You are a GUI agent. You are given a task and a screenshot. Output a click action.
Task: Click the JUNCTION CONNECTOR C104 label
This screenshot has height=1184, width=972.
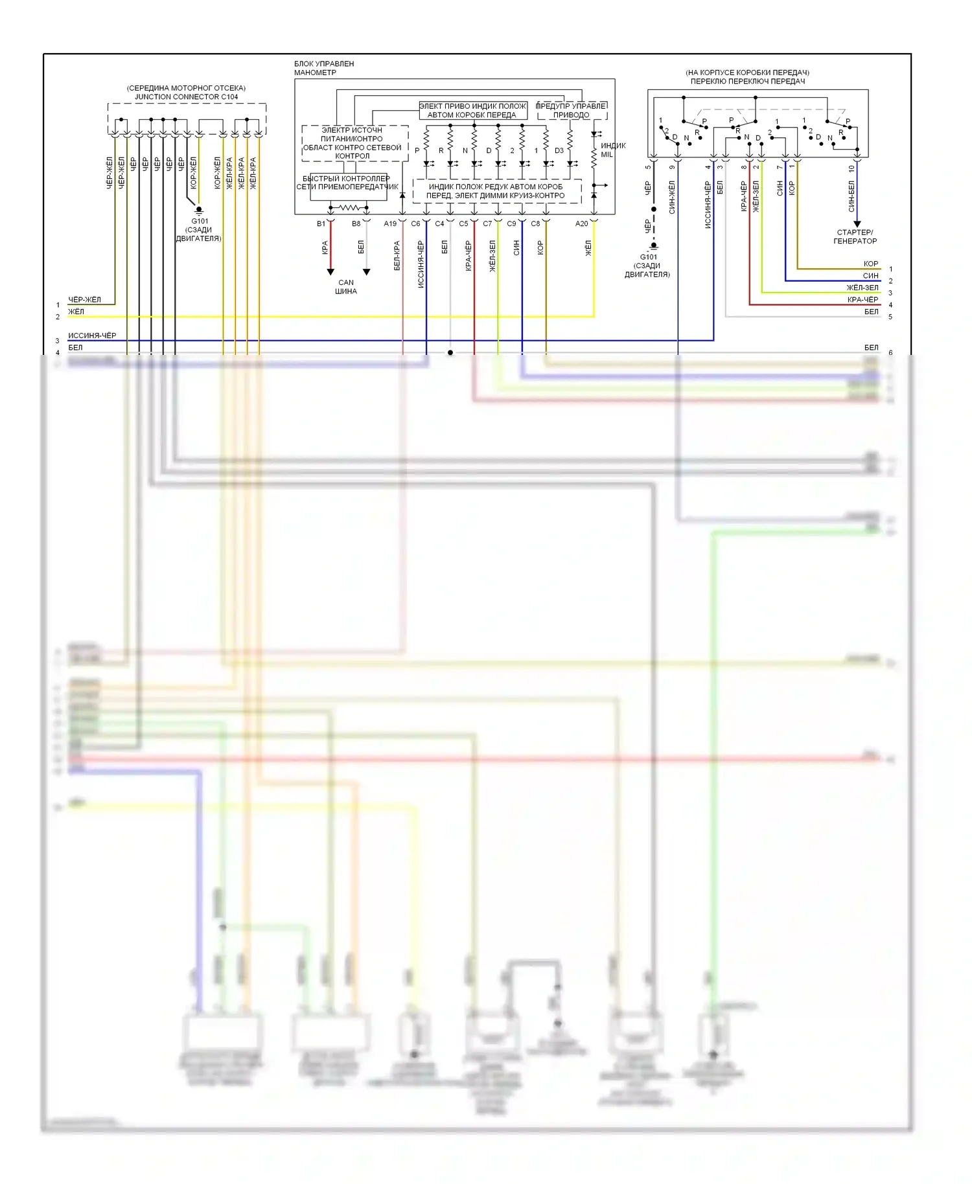click(x=186, y=97)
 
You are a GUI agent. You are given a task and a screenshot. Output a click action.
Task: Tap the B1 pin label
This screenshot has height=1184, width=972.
click(x=321, y=224)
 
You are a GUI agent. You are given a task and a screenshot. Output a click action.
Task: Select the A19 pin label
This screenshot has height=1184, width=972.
click(x=389, y=224)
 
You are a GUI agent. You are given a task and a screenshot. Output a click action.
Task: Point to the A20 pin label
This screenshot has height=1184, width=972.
click(x=581, y=224)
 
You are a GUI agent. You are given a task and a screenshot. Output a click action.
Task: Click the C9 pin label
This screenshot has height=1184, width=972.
click(x=511, y=224)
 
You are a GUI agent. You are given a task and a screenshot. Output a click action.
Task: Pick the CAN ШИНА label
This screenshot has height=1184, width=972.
click(x=346, y=287)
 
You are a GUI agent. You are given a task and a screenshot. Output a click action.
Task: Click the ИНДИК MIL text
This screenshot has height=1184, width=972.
click(x=612, y=150)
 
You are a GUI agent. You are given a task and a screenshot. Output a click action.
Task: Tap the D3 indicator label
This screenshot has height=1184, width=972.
click(x=559, y=151)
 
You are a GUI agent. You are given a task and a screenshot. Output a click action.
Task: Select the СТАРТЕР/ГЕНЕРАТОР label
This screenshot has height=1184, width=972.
click(x=855, y=236)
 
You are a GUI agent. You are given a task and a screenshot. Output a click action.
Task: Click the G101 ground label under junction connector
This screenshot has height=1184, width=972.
click(x=199, y=230)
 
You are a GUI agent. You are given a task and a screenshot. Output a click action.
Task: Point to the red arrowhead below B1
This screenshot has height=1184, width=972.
click(x=330, y=272)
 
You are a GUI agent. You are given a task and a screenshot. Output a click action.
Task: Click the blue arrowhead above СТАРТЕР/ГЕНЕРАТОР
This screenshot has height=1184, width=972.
click(x=857, y=224)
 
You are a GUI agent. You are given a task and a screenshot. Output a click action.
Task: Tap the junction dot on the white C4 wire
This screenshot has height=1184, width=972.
click(x=450, y=353)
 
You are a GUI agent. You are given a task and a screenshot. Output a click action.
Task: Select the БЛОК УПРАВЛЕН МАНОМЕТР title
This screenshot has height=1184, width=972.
click(x=324, y=68)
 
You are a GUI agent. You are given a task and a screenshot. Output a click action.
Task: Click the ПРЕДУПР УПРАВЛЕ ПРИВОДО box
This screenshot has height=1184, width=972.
click(x=572, y=111)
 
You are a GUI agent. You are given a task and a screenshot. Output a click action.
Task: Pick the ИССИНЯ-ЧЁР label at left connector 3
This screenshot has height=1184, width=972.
click(x=92, y=336)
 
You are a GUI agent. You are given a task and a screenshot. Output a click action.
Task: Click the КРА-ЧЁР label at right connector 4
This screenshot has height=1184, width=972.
click(x=862, y=300)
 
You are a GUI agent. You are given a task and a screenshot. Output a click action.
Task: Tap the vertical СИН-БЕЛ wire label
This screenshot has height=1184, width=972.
click(x=851, y=196)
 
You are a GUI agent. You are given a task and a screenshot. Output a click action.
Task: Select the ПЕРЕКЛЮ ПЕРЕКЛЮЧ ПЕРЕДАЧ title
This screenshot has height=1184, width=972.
click(x=747, y=82)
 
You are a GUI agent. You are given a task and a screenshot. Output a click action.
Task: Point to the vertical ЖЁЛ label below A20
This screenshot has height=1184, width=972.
click(x=588, y=247)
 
